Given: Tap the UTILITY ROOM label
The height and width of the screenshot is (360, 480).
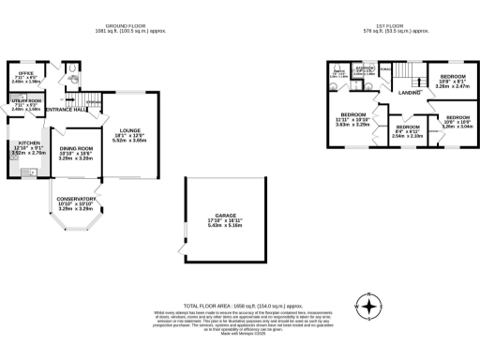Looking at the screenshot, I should click(25, 104).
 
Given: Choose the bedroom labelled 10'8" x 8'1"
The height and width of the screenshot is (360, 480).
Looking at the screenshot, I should click(453, 78).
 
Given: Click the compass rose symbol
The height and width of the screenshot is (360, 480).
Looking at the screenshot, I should click(370, 306).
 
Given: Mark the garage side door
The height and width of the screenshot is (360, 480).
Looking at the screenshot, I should click(186, 246).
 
